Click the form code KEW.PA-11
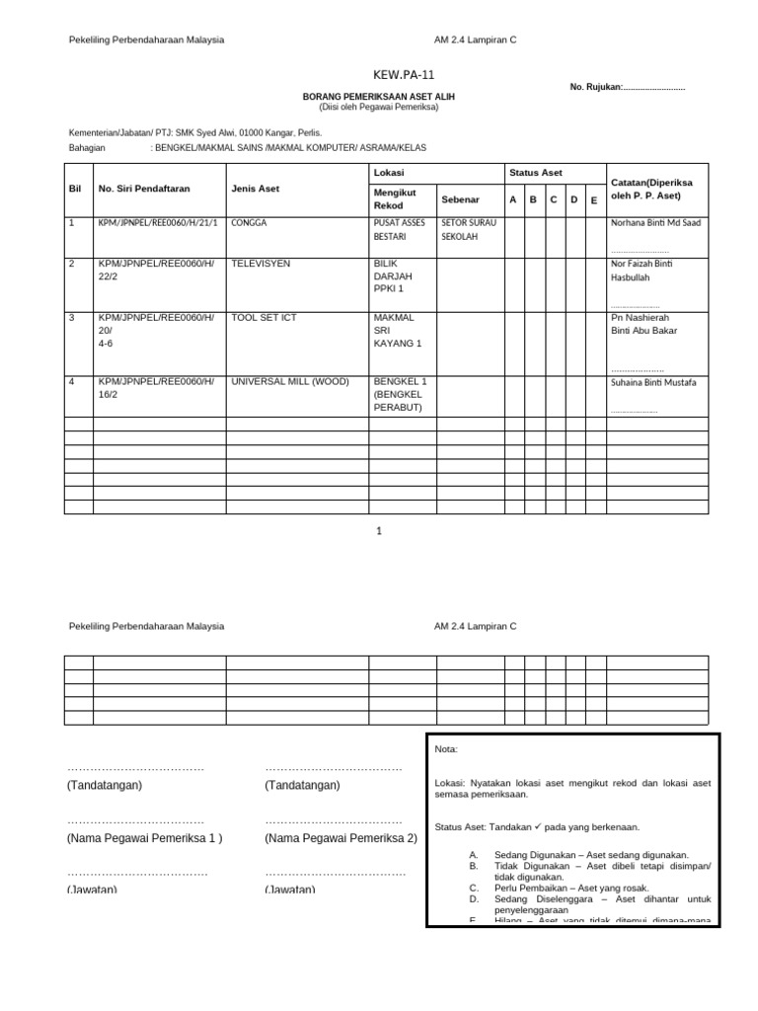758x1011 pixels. click(x=403, y=75)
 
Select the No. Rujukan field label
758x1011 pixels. click(x=596, y=88)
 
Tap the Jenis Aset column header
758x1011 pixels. click(x=255, y=189)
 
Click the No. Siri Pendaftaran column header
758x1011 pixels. click(x=144, y=189)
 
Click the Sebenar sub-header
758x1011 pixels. click(x=460, y=199)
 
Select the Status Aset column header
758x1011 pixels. click(x=536, y=173)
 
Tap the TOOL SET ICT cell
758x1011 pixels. click(x=264, y=318)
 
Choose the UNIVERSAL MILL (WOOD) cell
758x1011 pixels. click(x=289, y=381)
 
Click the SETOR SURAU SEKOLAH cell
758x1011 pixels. click(x=469, y=230)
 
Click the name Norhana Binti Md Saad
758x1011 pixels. click(x=655, y=223)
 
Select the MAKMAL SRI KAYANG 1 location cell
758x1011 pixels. click(x=398, y=331)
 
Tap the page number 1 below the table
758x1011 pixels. click(x=378, y=530)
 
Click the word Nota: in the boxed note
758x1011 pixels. click(x=446, y=750)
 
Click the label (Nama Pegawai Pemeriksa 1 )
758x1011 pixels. click(x=145, y=838)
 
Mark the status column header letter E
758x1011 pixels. click(x=593, y=200)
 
